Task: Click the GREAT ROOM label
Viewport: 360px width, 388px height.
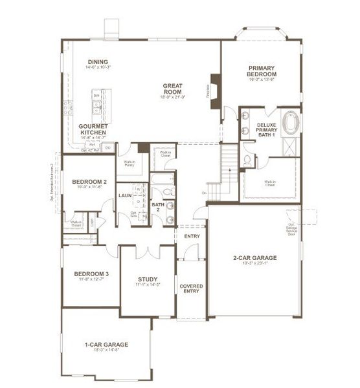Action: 174,86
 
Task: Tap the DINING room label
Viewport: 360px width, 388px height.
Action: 98,63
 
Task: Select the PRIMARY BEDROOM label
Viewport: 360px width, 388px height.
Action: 262,71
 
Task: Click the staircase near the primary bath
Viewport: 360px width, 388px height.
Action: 229,158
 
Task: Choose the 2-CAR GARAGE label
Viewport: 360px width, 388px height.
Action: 254,258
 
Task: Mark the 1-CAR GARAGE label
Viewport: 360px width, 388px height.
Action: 106,345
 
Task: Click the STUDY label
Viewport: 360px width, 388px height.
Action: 148,280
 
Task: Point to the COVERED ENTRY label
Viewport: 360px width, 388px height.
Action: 191,289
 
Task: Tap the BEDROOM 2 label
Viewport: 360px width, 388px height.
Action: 89,182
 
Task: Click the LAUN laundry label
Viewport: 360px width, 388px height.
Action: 125,194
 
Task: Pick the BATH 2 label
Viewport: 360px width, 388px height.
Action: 157,208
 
